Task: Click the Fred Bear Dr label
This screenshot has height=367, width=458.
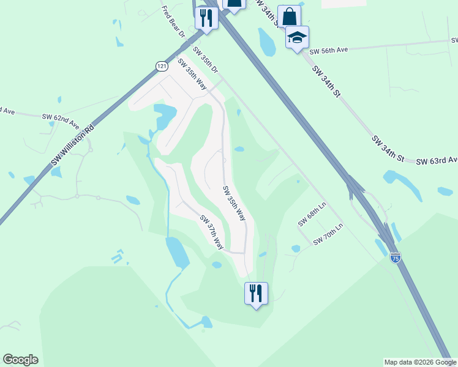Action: tap(173, 21)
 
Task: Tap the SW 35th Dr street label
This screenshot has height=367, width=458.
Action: tap(206, 60)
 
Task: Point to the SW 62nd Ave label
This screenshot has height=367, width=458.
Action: tap(61, 120)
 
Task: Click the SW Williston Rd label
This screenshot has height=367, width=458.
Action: tap(74, 146)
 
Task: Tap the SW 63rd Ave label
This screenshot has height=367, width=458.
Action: tap(437, 160)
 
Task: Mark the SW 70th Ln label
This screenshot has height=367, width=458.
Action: tap(329, 234)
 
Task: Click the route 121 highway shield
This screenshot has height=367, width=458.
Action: tap(161, 65)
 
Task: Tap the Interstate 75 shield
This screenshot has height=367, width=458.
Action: tap(396, 258)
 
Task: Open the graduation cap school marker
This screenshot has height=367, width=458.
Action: tap(298, 38)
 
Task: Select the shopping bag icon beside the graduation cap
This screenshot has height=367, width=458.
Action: tap(289, 16)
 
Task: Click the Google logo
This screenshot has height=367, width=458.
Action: tap(20, 360)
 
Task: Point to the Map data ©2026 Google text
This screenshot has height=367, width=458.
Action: tap(420, 362)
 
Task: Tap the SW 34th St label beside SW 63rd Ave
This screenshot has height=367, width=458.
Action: tap(388, 149)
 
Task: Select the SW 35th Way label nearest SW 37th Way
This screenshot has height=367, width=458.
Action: tap(235, 203)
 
